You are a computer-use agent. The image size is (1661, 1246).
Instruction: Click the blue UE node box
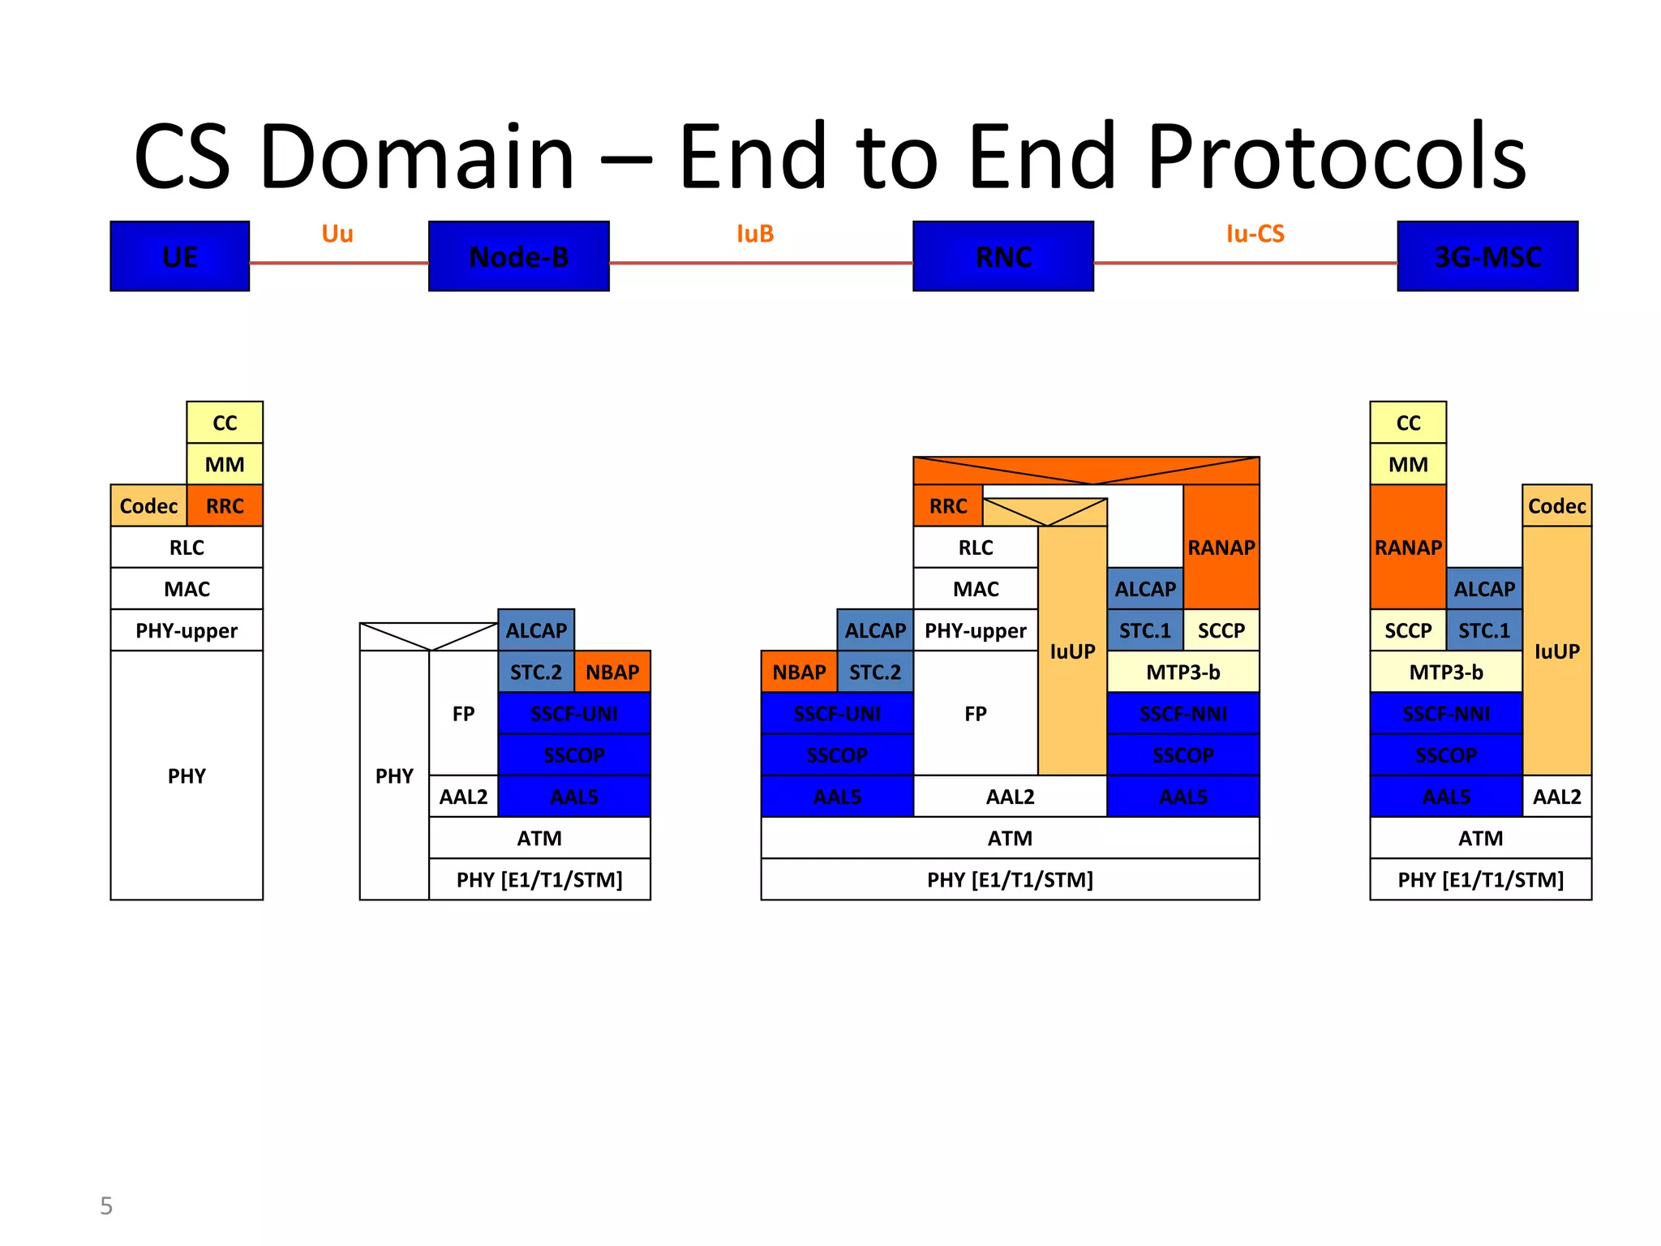pyautogui.click(x=179, y=256)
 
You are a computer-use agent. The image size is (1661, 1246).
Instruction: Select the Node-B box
pyautogui.click(x=518, y=256)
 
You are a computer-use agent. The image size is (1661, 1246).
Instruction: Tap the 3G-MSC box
pyautogui.click(x=1487, y=256)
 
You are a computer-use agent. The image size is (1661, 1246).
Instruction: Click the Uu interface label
pyautogui.click(x=337, y=234)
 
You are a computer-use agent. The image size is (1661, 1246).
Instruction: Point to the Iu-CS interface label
pyautogui.click(x=1255, y=234)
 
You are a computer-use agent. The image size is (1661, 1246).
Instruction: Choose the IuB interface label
pyautogui.click(x=754, y=234)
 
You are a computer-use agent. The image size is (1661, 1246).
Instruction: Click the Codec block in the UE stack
pyautogui.click(x=148, y=506)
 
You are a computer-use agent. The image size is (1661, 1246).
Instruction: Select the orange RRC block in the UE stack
pyautogui.click(x=225, y=506)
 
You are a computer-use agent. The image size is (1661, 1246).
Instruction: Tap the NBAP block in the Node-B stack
pyautogui.click(x=612, y=672)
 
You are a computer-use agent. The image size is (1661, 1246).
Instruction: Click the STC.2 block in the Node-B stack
pyautogui.click(x=536, y=672)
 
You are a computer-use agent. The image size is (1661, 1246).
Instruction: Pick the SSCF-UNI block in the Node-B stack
pyautogui.click(x=574, y=714)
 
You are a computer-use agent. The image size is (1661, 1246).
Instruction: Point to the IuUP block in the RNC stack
pyautogui.click(x=1072, y=651)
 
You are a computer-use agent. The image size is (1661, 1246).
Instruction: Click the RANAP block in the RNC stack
pyautogui.click(x=1221, y=548)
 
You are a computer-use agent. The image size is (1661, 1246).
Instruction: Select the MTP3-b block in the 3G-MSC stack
pyautogui.click(x=1445, y=672)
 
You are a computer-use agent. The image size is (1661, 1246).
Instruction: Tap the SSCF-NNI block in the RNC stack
pyautogui.click(x=1182, y=714)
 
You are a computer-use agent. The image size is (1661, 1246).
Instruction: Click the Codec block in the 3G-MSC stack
pyautogui.click(x=1556, y=506)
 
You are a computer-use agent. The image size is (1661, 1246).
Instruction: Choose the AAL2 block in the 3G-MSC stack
pyautogui.click(x=1556, y=797)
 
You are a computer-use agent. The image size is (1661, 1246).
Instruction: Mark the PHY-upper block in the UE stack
pyautogui.click(x=187, y=630)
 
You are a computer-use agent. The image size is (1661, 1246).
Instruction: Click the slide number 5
pyautogui.click(x=106, y=1205)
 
